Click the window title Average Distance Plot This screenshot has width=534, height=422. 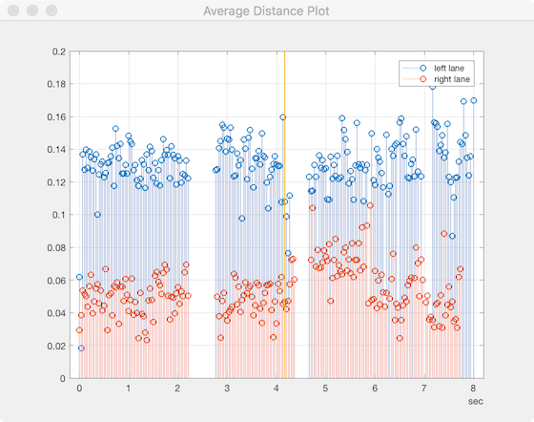266,11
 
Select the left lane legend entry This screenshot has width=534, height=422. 448,68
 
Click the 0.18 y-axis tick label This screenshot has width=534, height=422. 57,84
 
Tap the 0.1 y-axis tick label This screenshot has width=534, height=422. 60,215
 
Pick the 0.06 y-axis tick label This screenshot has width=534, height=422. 57,281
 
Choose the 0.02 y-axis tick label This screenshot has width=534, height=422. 57,346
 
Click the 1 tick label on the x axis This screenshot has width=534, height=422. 129,390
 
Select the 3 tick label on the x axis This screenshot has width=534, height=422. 227,390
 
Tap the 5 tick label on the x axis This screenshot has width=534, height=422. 325,390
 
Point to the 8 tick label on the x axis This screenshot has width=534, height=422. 473,390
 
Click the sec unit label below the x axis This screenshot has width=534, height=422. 475,403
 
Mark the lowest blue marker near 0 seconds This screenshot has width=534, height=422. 81,348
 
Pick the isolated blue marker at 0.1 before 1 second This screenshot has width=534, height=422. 97,215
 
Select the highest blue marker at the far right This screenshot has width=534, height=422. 473,100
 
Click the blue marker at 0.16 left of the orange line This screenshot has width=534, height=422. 282,117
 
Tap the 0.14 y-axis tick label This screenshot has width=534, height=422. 57,150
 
